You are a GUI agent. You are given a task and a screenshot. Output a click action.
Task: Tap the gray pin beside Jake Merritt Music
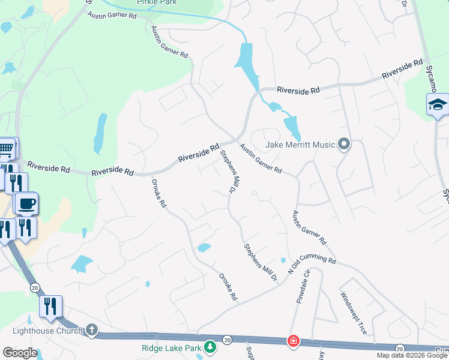click(344, 144)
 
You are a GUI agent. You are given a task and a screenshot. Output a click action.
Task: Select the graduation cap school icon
click(438, 105)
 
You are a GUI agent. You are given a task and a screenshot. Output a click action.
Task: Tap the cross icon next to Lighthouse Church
click(91, 329)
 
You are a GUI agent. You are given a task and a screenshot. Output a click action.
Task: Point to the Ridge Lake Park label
click(172, 347)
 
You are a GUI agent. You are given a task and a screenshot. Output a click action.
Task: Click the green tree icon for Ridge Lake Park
click(209, 347)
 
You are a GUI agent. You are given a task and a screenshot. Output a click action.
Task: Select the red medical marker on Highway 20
click(293, 341)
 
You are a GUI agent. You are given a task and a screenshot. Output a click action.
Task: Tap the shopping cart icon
click(6, 148)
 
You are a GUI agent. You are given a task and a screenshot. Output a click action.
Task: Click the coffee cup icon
click(26, 204)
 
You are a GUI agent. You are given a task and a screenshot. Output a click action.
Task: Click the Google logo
click(20, 353)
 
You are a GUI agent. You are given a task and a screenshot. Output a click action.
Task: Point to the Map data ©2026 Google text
click(412, 355)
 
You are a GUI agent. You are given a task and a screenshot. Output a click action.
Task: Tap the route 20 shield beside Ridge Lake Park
click(228, 340)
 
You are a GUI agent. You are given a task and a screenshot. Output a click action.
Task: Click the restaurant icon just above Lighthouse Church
click(50, 307)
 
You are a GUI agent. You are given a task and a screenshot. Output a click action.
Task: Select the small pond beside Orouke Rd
click(204, 247)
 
